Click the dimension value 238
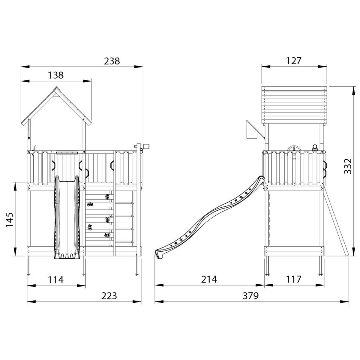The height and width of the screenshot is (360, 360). [x=112, y=61]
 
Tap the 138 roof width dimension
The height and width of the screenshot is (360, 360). [x=56, y=75]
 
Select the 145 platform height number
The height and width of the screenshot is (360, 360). [x=10, y=220]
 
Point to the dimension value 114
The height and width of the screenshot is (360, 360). [x=56, y=280]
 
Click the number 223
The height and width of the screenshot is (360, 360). [x=109, y=296]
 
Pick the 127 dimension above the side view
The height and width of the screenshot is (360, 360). [x=293, y=61]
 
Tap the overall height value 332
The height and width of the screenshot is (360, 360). [x=348, y=166]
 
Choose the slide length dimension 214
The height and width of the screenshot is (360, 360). [x=209, y=279]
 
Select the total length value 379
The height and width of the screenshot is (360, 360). [x=251, y=296]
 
